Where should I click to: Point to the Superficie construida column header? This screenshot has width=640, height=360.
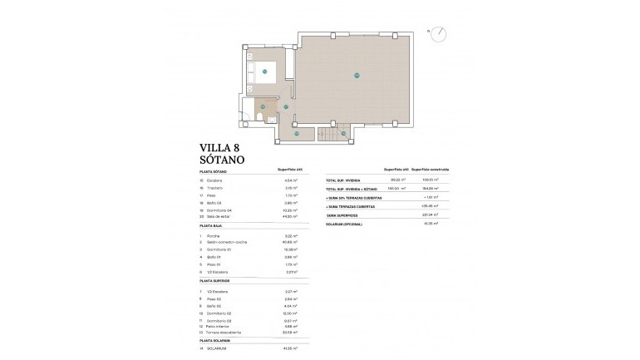pyautogui.click(x=431, y=169)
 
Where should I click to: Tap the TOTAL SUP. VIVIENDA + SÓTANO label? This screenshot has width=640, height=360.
pyautogui.click(x=355, y=189)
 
